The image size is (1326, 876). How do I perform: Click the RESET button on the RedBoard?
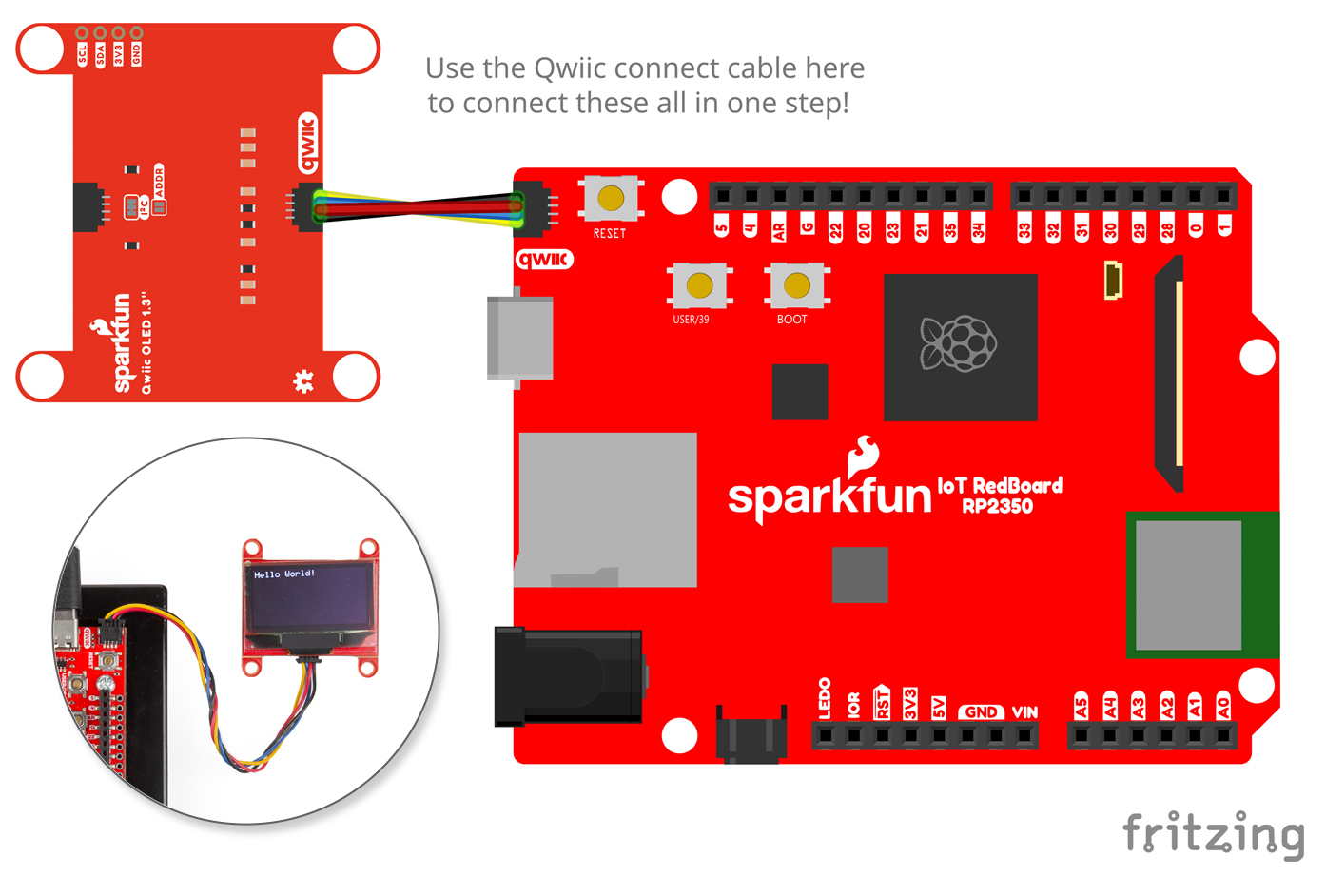(x=611, y=198)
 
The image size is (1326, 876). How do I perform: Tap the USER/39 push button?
(x=699, y=284)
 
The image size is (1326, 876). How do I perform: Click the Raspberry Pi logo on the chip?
(x=958, y=342)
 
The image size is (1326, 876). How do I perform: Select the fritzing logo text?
(x=1214, y=834)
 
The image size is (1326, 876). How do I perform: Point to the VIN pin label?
(x=1024, y=711)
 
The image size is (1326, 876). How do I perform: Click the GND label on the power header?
(x=981, y=711)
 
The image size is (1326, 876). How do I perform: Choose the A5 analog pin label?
(x=1081, y=707)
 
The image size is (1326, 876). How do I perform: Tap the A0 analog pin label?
(x=1223, y=707)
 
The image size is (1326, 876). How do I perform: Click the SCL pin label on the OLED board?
(x=82, y=53)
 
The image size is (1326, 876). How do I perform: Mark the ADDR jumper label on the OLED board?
(x=159, y=181)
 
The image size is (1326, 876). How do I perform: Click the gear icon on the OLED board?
(x=303, y=381)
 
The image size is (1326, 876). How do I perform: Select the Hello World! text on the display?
(x=283, y=574)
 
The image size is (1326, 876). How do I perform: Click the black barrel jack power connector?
(x=568, y=676)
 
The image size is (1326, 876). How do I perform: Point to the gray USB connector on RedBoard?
(x=519, y=338)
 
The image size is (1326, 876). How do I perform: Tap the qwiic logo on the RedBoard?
(x=544, y=259)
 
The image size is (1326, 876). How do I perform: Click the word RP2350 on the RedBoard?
(x=997, y=506)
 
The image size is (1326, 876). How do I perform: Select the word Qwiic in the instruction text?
(x=569, y=68)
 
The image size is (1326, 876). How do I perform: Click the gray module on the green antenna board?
(x=1188, y=585)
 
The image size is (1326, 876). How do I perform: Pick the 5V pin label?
(x=939, y=707)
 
